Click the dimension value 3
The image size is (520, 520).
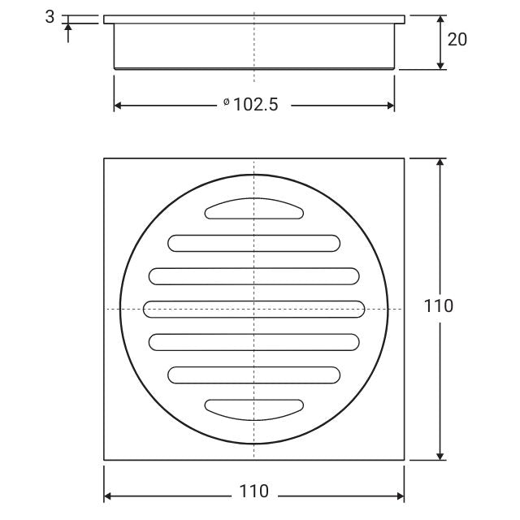tap(50, 17)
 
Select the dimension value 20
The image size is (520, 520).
tap(457, 38)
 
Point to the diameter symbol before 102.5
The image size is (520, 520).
tap(226, 103)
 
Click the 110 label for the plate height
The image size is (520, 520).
tap(439, 306)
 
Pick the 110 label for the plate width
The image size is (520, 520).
tap(253, 492)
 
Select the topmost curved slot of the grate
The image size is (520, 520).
tap(254, 210)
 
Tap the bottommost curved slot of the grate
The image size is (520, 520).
tap(254, 409)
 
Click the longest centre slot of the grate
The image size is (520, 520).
tap(254, 309)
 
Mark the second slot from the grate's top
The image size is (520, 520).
tap(254, 243)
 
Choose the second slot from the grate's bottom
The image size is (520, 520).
tap(254, 375)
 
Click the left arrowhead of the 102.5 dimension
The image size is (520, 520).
tap(118, 106)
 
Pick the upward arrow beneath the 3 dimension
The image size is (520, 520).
tap(68, 28)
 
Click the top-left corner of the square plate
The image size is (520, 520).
tap(104, 158)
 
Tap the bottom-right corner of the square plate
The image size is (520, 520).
tap(404, 460)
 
